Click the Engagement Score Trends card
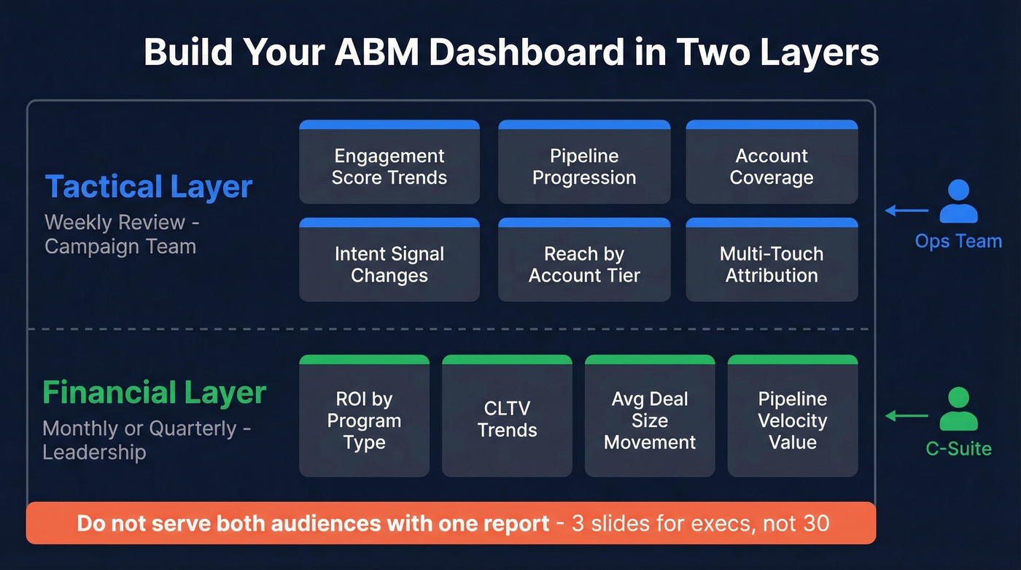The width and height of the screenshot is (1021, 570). tap(389, 163)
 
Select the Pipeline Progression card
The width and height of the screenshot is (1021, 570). tap(583, 163)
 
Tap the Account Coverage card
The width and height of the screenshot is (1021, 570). tap(772, 163)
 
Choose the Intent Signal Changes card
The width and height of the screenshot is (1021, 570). tap(389, 261)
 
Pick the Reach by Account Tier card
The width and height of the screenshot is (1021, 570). tap(583, 261)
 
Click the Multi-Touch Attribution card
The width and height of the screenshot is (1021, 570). tap(772, 261)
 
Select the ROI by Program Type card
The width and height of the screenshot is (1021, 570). tap(364, 417)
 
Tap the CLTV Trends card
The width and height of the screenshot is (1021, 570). tap(507, 417)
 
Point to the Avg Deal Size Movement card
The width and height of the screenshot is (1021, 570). tap(650, 417)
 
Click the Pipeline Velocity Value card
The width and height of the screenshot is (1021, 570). tap(793, 417)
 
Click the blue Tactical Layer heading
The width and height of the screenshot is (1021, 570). tap(149, 187)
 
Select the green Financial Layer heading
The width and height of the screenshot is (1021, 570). tap(154, 393)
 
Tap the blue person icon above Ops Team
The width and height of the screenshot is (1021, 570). tap(958, 201)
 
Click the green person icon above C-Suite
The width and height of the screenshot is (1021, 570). tap(958, 409)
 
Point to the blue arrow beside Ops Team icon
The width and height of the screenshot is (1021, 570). tap(907, 211)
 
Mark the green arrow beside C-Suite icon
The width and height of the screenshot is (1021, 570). tap(907, 416)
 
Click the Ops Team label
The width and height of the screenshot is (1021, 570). tap(958, 242)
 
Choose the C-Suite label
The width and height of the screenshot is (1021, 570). tap(958, 448)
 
